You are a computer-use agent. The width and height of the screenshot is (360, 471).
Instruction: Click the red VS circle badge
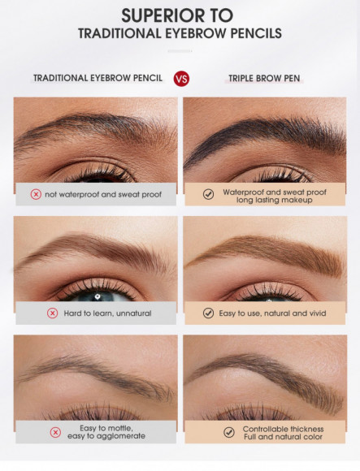[x=181, y=78]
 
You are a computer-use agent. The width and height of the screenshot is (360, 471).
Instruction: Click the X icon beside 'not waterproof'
[x=36, y=195]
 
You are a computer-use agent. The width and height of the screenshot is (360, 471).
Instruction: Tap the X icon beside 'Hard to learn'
[x=52, y=313]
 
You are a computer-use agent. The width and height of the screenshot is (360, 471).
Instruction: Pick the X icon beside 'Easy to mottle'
[x=55, y=432]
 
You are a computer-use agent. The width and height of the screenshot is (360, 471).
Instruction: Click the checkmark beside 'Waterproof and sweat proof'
[x=208, y=195]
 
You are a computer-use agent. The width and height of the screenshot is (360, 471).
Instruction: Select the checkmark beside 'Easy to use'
[x=208, y=313]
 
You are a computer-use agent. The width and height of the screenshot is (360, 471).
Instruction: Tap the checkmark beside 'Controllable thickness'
[x=228, y=432]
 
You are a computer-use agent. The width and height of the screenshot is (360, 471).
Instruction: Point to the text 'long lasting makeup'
[x=274, y=200]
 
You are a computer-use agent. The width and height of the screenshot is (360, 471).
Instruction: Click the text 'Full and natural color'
[x=282, y=437]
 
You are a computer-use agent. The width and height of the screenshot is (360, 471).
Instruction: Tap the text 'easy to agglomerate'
[x=107, y=437]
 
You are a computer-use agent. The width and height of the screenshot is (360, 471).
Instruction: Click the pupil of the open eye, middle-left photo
[x=96, y=296]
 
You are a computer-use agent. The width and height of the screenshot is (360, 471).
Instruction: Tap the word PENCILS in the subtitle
[x=249, y=33]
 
